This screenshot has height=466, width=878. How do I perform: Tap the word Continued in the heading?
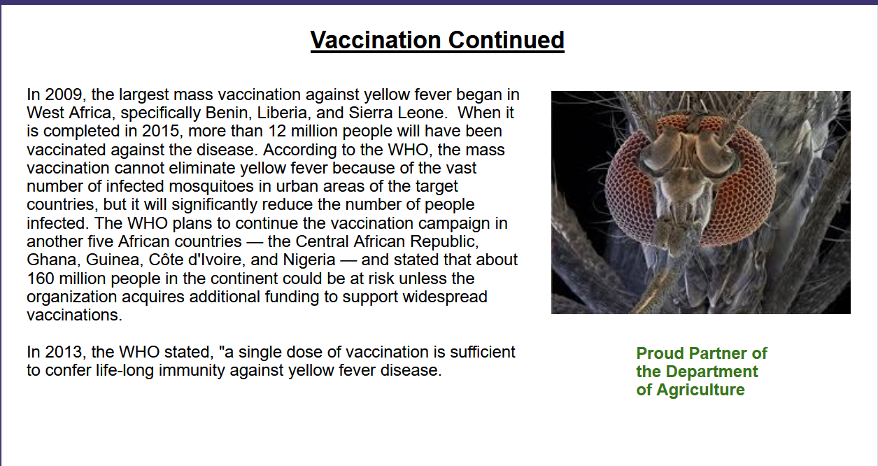pyautogui.click(x=507, y=40)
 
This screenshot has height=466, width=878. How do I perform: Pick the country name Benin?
pyautogui.click(x=229, y=113)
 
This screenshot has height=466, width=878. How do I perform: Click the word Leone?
pyautogui.click(x=423, y=113)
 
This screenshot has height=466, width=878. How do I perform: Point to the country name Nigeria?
pyautogui.click(x=309, y=260)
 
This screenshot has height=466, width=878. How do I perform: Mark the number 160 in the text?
pyautogui.click(x=41, y=278)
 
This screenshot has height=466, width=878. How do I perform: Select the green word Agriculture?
pyautogui.click(x=700, y=390)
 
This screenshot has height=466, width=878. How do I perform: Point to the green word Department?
pyautogui.click(x=711, y=372)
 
